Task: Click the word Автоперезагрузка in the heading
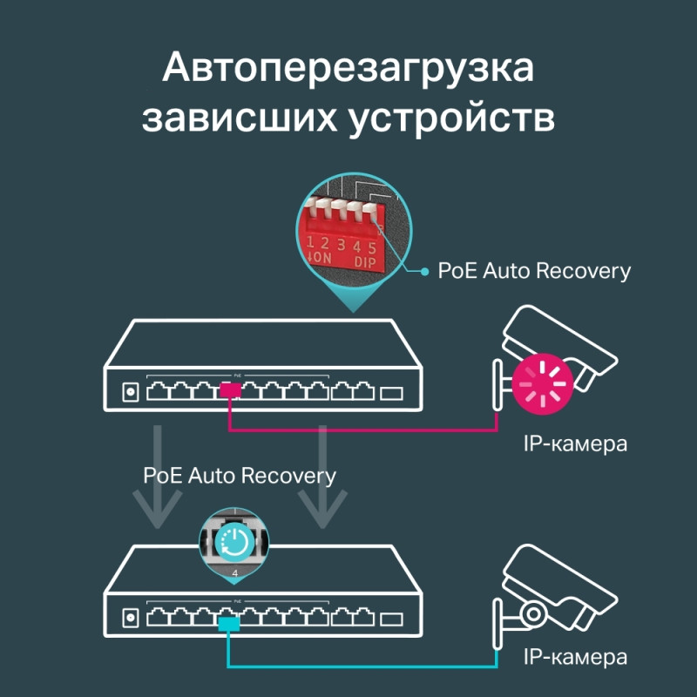click(348, 68)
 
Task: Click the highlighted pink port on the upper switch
click(231, 391)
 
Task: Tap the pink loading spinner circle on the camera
click(541, 380)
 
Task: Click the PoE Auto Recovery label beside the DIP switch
click(534, 271)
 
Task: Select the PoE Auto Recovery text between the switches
click(240, 477)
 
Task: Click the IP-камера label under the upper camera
click(575, 443)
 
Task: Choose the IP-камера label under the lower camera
click(575, 656)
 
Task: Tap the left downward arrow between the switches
click(157, 475)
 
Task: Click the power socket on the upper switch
click(131, 391)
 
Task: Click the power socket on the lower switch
click(131, 619)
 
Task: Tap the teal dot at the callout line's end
click(425, 272)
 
